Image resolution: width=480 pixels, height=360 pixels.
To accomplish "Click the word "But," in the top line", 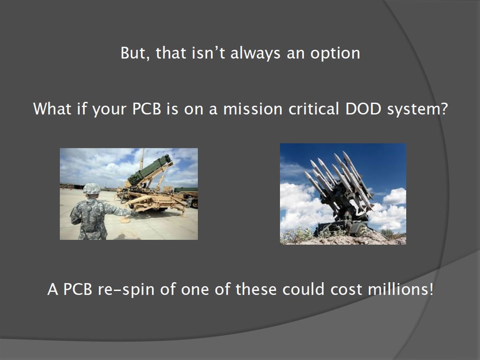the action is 135,53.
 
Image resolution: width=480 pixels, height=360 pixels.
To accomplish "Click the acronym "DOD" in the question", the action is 363,109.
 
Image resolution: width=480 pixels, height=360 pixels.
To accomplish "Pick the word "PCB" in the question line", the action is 147,109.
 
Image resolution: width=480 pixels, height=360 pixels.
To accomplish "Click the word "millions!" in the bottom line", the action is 400,289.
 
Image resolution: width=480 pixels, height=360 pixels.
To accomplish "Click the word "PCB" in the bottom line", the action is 77,289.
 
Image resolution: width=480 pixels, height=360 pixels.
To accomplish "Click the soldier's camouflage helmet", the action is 91,189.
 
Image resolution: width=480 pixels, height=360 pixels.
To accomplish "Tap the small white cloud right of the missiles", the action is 395,196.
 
